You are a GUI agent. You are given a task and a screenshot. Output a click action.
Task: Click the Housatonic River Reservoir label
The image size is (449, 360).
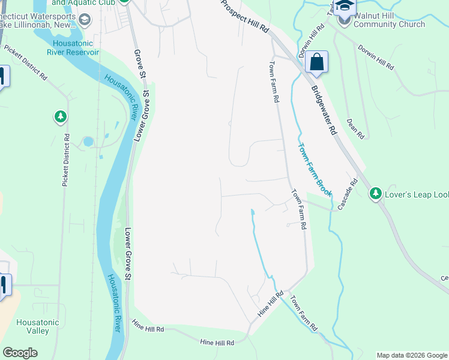click(76, 47)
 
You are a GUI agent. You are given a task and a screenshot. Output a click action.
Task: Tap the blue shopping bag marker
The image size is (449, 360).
click(316, 62)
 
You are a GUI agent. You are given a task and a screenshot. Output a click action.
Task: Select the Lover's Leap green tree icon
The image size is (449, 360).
click(376, 193)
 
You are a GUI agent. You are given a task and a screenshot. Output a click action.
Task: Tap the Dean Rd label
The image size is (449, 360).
click(355, 128)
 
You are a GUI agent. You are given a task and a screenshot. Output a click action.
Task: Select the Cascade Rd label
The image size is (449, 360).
click(348, 195)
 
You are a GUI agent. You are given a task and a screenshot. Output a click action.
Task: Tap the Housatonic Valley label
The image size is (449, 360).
click(38, 326)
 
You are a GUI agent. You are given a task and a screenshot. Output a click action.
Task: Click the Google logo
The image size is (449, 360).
click(20, 353)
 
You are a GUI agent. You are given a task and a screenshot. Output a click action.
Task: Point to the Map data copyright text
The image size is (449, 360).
click(412, 355)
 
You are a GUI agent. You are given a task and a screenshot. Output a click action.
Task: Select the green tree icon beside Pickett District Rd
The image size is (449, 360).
click(60, 116)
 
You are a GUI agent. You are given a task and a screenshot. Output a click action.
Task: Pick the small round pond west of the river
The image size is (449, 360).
click(89, 142)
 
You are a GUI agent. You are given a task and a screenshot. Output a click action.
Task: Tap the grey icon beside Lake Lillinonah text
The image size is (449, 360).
click(85, 20)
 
